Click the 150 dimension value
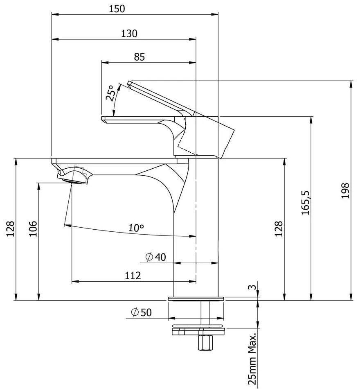click(117, 9)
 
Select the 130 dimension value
click(129, 34)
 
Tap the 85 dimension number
click(139, 57)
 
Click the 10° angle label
click(136, 228)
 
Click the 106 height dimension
click(33, 228)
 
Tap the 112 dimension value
click(133, 276)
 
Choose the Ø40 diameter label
click(156, 257)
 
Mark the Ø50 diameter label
click(142, 312)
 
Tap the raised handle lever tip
click(130, 84)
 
